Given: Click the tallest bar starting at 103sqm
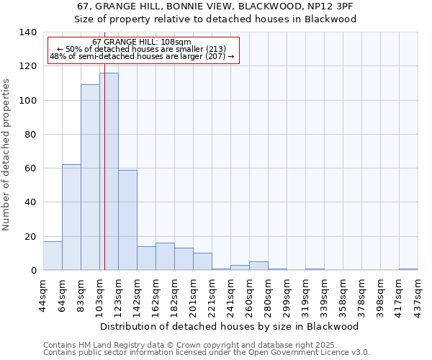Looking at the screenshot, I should (x=109, y=171).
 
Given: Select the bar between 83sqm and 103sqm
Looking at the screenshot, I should (x=90, y=177).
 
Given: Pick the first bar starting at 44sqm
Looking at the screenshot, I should (x=53, y=256).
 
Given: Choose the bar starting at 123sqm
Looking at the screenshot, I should (x=127, y=220).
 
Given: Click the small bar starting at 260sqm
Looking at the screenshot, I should (x=258, y=266).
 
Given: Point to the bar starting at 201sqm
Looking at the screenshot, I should (x=202, y=262).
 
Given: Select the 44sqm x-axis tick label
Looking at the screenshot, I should (x=43, y=292).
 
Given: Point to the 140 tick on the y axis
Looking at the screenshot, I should (x=28, y=32).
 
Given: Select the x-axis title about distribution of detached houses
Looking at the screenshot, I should (x=229, y=326).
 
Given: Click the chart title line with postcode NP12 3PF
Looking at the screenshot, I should (x=216, y=6).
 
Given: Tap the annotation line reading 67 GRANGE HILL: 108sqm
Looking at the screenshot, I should (x=142, y=42).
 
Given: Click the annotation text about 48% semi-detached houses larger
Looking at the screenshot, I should (x=142, y=55).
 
